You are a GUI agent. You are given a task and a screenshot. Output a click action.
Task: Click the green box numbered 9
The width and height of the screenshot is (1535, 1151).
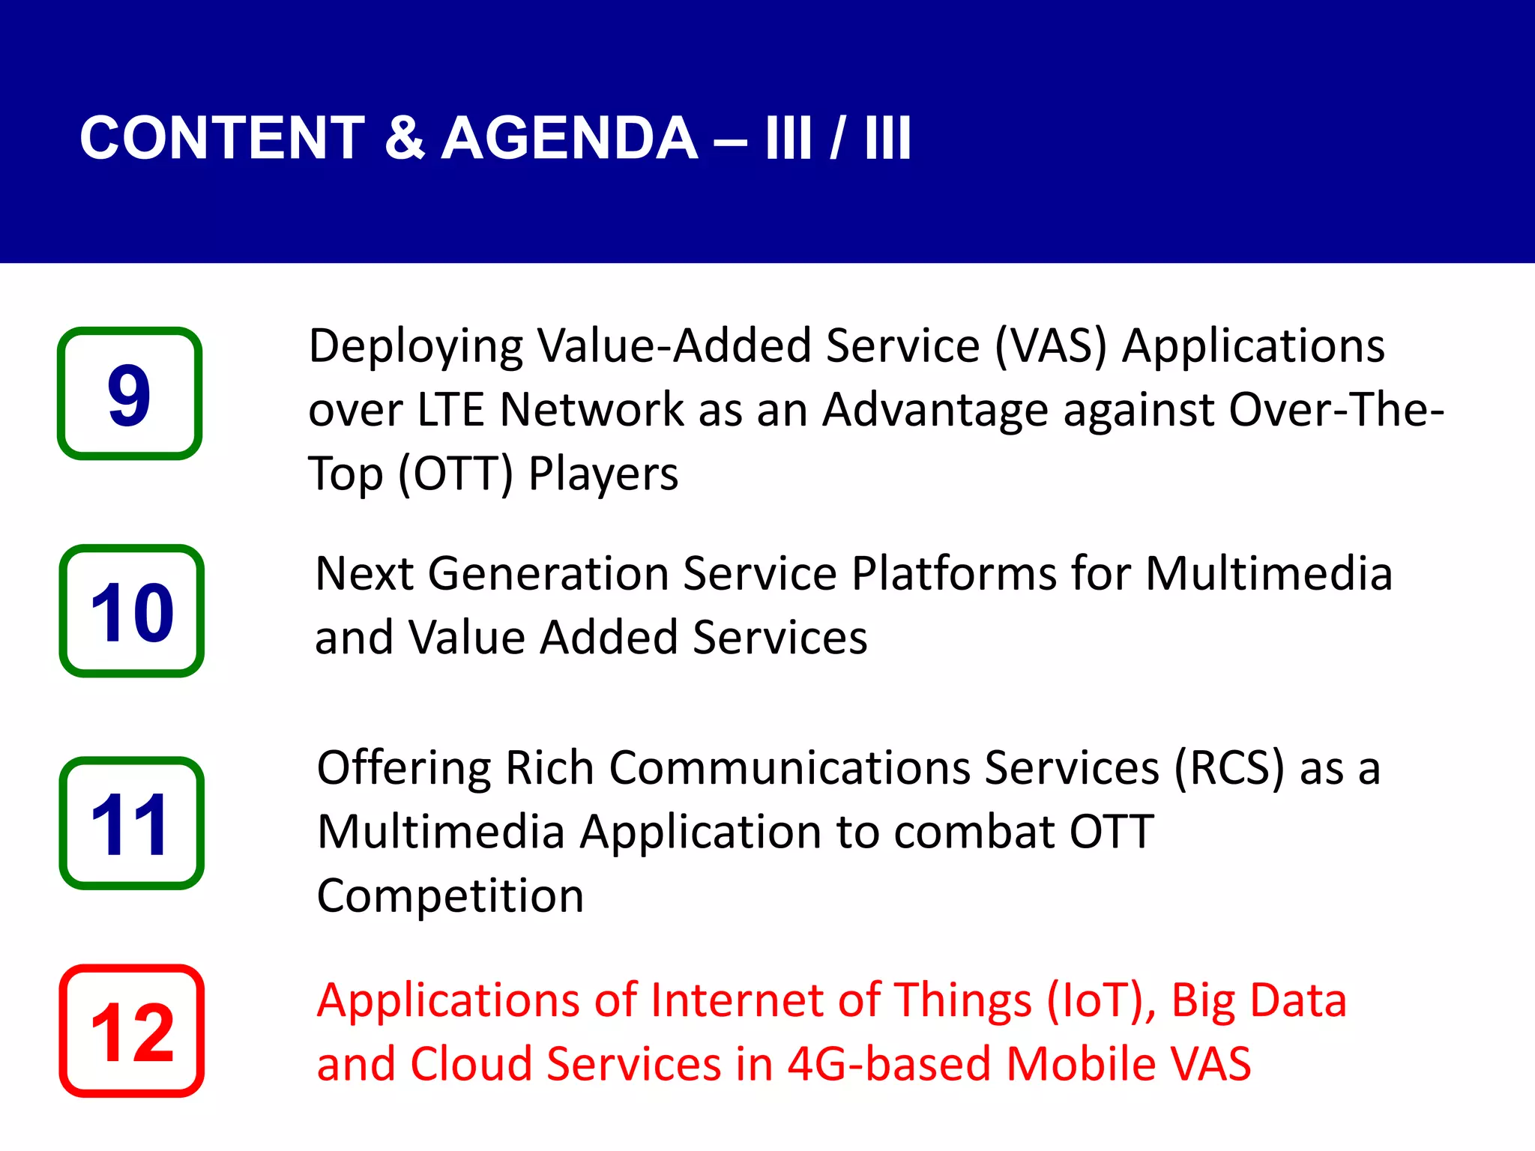pyautogui.click(x=130, y=393)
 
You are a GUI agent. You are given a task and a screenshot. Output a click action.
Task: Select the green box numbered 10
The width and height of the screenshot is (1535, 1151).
pyautogui.click(x=131, y=611)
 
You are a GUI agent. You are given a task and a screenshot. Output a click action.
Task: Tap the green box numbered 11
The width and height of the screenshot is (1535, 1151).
pyautogui.click(x=131, y=823)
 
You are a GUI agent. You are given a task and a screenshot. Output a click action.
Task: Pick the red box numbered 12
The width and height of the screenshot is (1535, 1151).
pyautogui.click(x=131, y=1031)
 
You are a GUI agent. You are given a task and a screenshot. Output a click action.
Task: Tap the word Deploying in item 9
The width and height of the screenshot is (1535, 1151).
pyautogui.click(x=416, y=348)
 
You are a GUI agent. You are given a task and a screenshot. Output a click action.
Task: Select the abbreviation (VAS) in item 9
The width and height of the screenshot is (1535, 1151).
pyautogui.click(x=1050, y=346)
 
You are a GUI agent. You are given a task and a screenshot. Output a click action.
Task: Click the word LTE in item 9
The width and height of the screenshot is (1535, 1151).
pyautogui.click(x=450, y=410)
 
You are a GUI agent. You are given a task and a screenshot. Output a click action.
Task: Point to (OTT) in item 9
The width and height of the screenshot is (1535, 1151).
pyautogui.click(x=455, y=474)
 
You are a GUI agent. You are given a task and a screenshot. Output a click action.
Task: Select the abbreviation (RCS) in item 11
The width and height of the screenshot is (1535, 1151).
pyautogui.click(x=1228, y=769)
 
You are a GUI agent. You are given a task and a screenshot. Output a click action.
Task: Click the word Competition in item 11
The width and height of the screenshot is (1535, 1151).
pyautogui.click(x=450, y=897)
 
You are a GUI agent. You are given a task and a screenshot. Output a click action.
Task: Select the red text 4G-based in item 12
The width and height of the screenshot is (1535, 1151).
pyautogui.click(x=888, y=1065)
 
